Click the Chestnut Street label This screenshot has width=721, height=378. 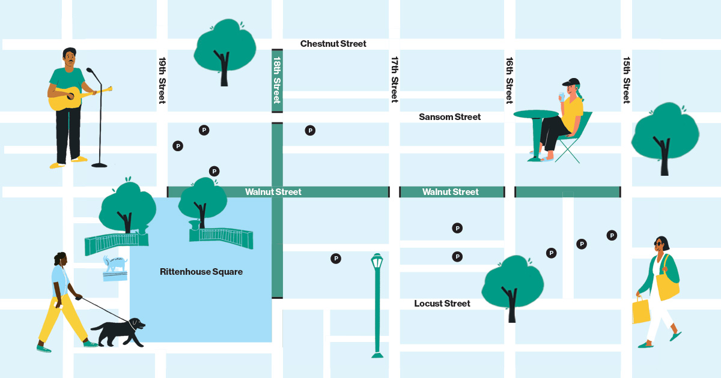[333, 44]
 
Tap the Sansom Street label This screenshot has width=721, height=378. [449, 117]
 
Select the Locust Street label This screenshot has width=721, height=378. [442, 304]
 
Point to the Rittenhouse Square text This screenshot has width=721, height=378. [201, 272]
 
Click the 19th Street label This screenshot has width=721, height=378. [162, 80]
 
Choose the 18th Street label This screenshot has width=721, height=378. [277, 80]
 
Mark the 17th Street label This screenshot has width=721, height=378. [395, 80]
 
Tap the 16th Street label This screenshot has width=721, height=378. [510, 80]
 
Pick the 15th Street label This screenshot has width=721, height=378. [626, 80]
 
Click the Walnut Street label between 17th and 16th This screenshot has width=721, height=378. [451, 192]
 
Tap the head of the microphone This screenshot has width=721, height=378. [90, 71]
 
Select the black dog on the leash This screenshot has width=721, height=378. [119, 332]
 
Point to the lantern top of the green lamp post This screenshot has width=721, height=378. [377, 262]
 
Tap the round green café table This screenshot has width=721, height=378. [536, 114]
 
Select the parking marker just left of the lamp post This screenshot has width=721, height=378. [336, 259]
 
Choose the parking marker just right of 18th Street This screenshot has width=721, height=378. [310, 130]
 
